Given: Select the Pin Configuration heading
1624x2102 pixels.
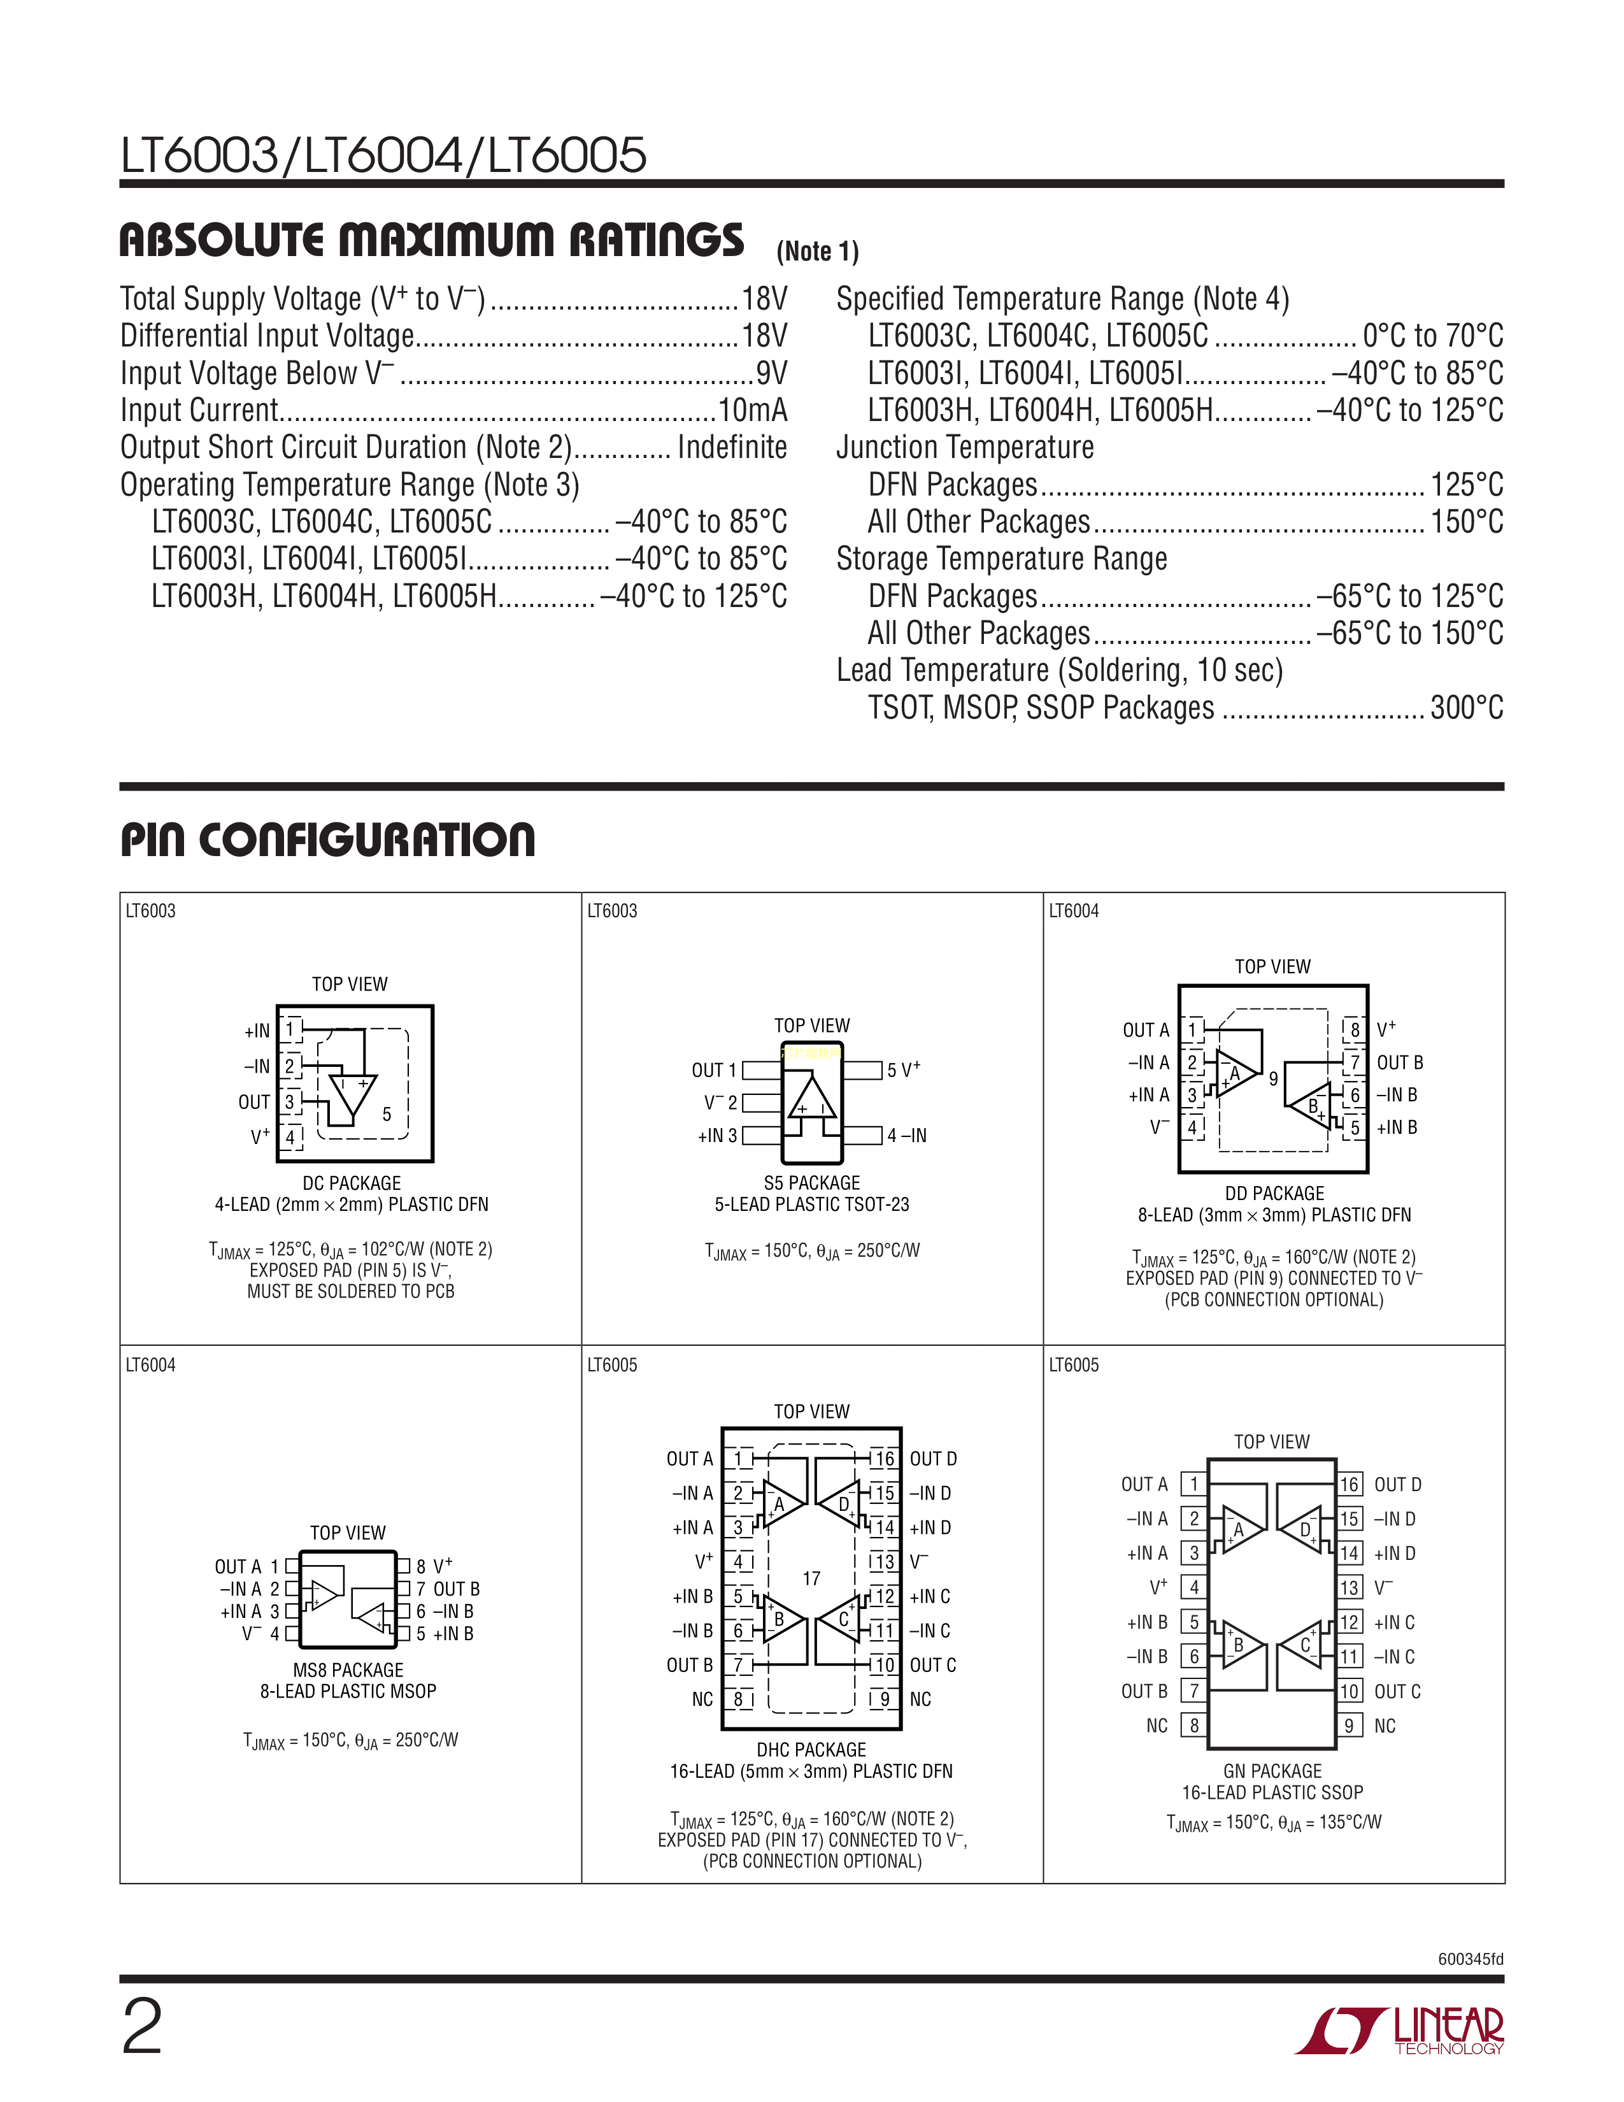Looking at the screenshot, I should tap(327, 840).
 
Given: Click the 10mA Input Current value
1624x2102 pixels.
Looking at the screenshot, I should tap(752, 410).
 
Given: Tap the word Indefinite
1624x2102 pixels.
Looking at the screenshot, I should tap(732, 448).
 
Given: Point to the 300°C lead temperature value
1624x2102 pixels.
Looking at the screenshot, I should tap(1466, 708).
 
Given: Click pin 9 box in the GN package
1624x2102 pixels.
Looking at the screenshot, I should tap(1349, 1726).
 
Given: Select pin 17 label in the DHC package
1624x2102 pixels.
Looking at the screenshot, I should tap(811, 1578).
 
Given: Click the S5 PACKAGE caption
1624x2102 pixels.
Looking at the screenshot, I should tap(811, 1183).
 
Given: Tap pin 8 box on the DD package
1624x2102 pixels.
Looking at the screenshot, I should tap(1355, 1030).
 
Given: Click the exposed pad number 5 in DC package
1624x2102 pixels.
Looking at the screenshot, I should tap(387, 1115).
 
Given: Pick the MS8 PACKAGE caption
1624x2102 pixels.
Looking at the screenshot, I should tap(348, 1670).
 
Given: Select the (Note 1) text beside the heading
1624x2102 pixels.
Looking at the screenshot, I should tap(817, 252).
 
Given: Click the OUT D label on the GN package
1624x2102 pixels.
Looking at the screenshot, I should tap(1397, 1485).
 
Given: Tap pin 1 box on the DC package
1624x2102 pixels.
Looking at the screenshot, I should tap(290, 1030).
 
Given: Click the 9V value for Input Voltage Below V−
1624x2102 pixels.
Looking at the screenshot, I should tap(771, 373).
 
